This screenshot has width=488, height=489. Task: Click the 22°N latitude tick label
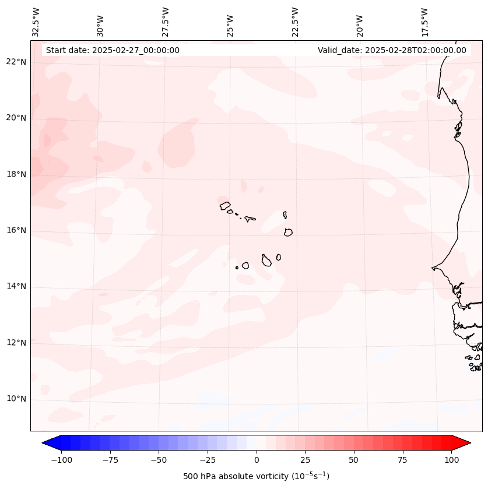(x=16, y=62)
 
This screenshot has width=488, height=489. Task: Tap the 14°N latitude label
(x=16, y=286)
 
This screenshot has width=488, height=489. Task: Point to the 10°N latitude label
(x=16, y=399)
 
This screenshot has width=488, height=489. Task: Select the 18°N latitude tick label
(x=16, y=174)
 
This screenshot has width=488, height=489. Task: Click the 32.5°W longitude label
(x=36, y=22)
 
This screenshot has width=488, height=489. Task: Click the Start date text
(x=113, y=50)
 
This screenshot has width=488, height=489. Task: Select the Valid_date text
(x=392, y=50)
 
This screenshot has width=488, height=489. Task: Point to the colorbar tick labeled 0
(x=257, y=460)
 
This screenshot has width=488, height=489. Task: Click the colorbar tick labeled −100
(x=61, y=460)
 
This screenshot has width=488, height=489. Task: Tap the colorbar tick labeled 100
(x=452, y=460)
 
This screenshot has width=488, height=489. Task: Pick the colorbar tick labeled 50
(x=354, y=460)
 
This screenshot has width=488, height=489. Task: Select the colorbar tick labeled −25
(x=208, y=460)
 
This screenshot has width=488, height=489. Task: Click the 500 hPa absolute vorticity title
(x=256, y=477)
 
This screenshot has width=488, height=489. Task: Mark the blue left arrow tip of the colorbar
(x=43, y=443)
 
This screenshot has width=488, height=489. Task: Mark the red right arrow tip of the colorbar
(x=470, y=443)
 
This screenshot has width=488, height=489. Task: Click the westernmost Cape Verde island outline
(x=225, y=205)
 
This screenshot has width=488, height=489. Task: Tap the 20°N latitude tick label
(x=16, y=118)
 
